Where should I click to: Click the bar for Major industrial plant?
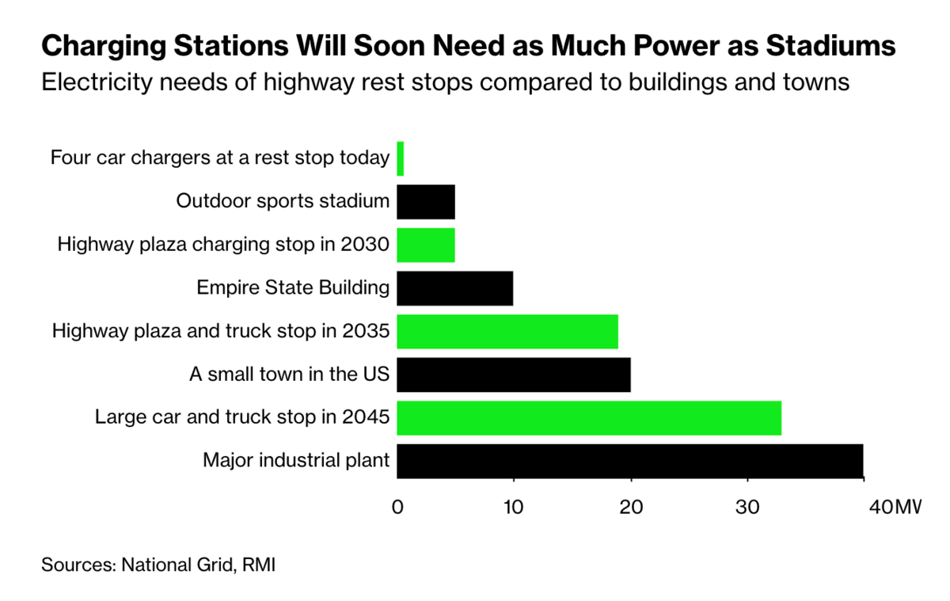(x=629, y=461)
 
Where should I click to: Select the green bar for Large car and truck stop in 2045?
(x=589, y=418)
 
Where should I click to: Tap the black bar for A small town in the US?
(x=514, y=375)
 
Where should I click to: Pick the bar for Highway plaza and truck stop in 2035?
(x=507, y=332)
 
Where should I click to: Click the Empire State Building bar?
(x=455, y=288)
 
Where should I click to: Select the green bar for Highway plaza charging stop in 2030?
(x=426, y=245)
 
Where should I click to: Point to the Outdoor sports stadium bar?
(x=426, y=202)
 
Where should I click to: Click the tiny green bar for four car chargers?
(x=401, y=158)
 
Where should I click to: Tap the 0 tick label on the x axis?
(x=397, y=507)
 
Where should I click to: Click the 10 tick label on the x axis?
(x=514, y=507)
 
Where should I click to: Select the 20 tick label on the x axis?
(x=631, y=507)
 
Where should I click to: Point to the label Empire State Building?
(x=293, y=288)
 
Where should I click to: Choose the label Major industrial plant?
(x=296, y=461)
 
